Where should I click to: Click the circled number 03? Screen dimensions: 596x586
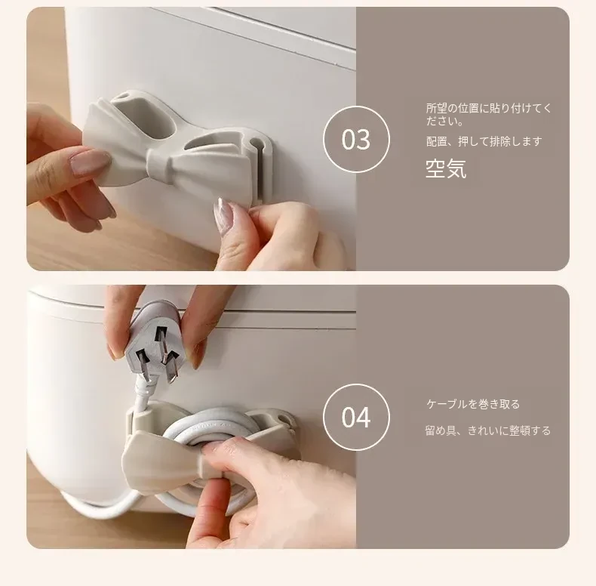click(x=356, y=139)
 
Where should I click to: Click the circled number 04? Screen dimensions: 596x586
click(x=356, y=417)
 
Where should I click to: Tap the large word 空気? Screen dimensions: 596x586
click(x=446, y=168)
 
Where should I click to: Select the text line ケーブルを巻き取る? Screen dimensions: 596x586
click(x=473, y=404)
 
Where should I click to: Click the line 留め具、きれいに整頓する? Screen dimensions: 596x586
click(x=488, y=430)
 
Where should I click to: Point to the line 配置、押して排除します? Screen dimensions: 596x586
click(x=484, y=141)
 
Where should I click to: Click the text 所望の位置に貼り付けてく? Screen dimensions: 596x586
click(x=488, y=108)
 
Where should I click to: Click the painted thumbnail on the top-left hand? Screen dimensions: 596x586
click(x=89, y=162)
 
